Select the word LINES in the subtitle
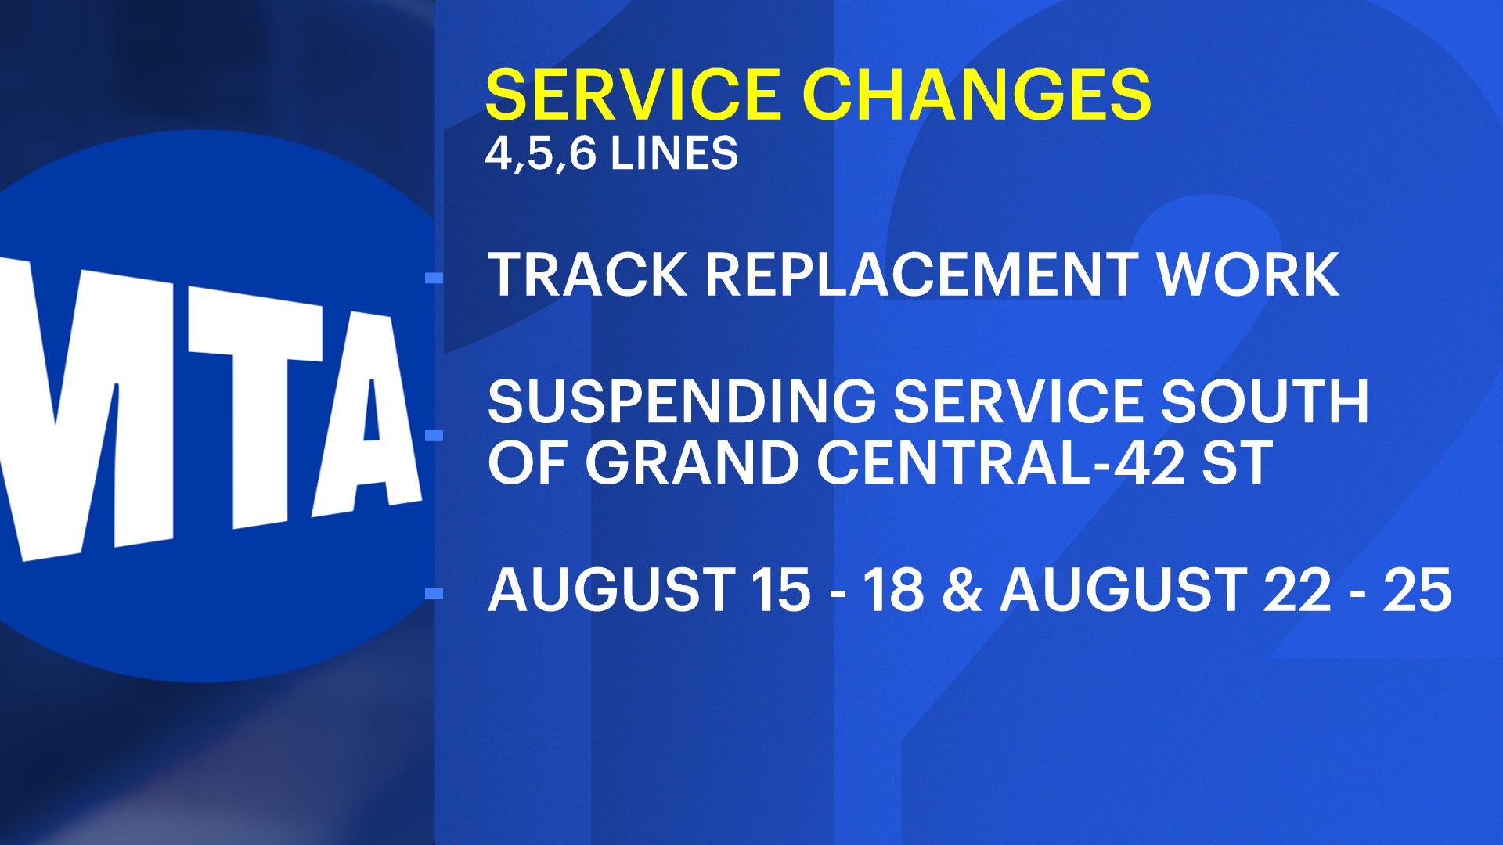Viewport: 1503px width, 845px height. (674, 153)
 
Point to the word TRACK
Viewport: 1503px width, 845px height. (587, 275)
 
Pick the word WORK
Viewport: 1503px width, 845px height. (1248, 275)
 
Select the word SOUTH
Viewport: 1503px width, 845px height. (1264, 402)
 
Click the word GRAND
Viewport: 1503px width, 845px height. (692, 463)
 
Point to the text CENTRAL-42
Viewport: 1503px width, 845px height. (1000, 463)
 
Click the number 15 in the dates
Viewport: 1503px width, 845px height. (780, 590)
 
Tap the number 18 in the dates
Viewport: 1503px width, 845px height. (892, 590)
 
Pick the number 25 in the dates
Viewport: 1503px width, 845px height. (1417, 590)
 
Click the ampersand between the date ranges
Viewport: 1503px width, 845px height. (961, 590)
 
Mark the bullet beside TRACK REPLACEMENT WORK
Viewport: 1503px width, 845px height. (434, 278)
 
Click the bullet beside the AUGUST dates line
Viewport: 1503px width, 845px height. (434, 593)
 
